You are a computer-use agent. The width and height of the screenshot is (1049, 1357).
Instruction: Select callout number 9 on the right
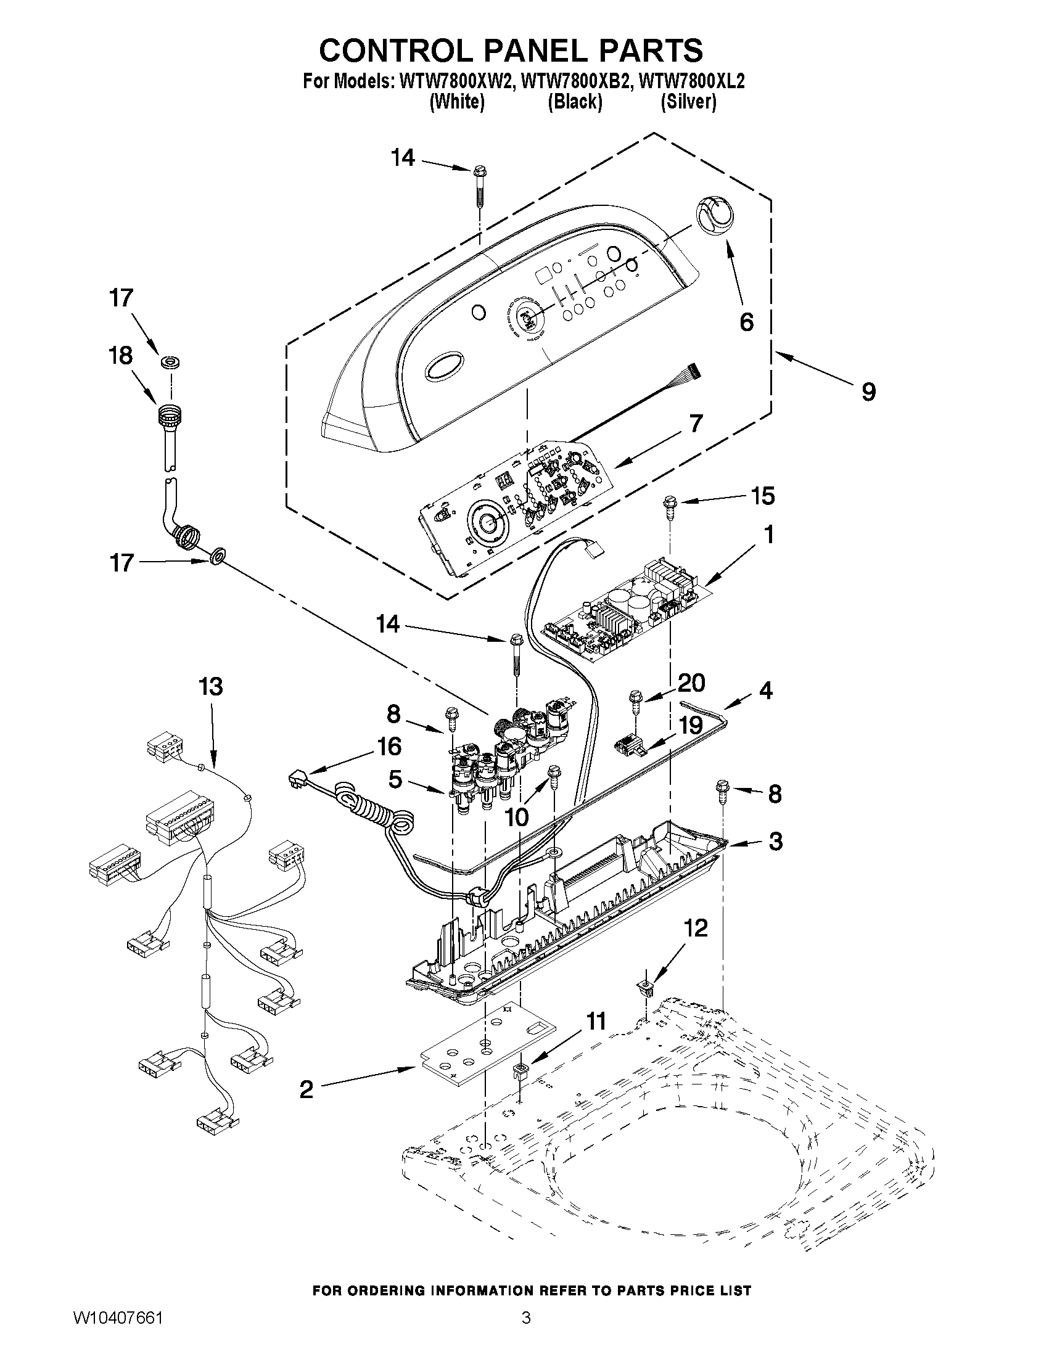868,392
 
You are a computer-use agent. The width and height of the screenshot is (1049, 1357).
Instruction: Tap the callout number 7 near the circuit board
696,424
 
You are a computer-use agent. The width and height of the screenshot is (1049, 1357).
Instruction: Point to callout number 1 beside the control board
768,535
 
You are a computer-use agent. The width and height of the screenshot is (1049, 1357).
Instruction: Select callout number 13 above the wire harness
211,687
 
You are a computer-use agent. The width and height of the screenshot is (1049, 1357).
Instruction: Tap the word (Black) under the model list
575,101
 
